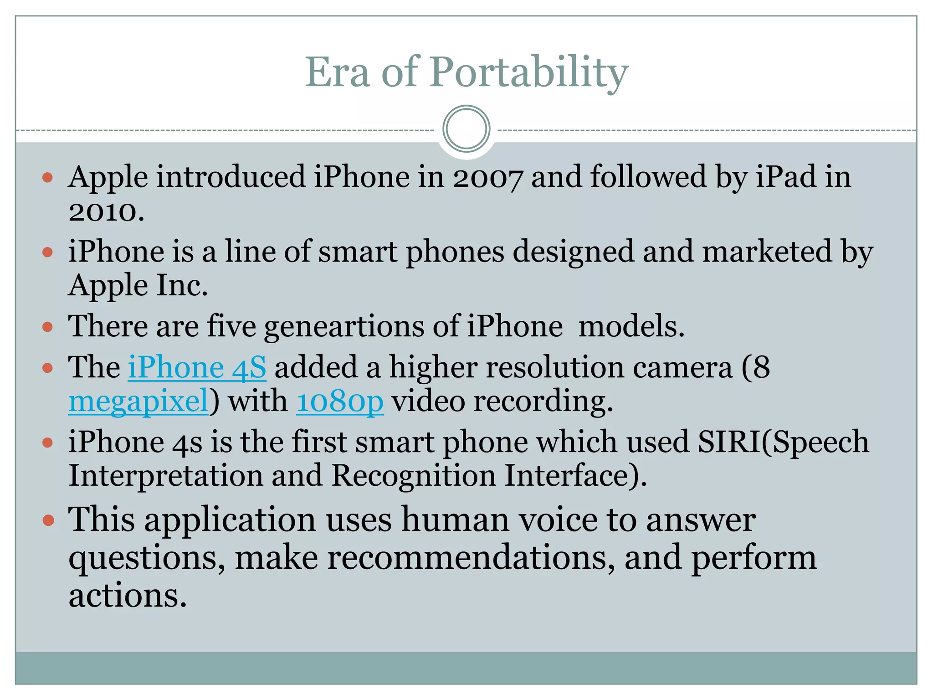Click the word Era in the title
pos(337,73)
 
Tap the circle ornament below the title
pos(466,129)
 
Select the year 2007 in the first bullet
pos(487,178)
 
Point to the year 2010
pos(106,212)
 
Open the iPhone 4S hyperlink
pos(197,367)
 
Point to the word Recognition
pos(413,476)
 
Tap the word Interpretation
pos(166,476)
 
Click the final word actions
pos(128,596)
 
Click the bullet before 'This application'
pos(48,520)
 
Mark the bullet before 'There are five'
pos(48,327)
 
